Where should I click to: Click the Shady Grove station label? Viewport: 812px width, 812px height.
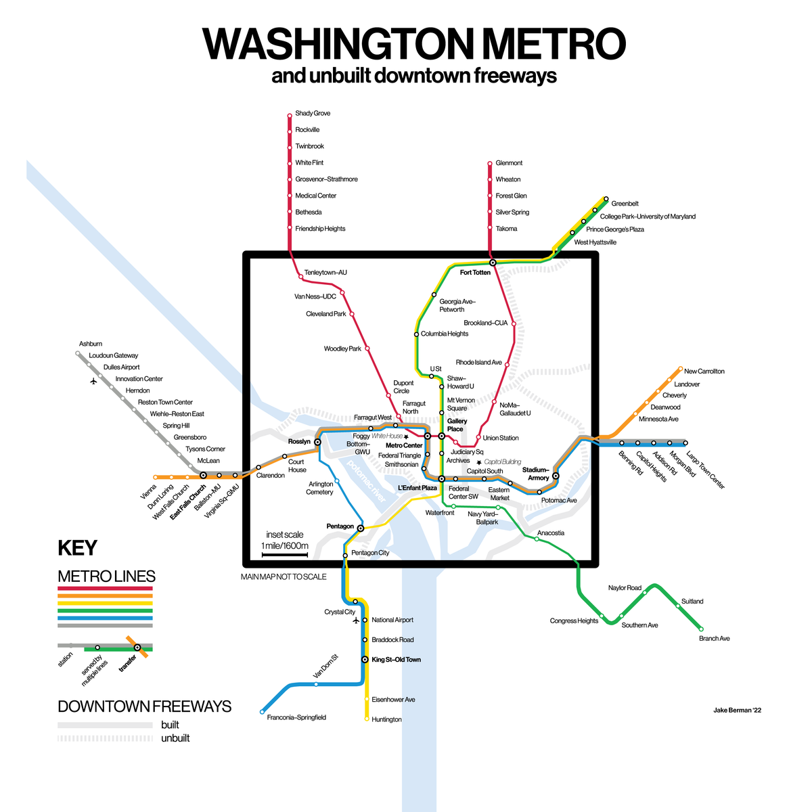coord(313,113)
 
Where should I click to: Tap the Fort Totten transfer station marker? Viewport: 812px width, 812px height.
coord(493,262)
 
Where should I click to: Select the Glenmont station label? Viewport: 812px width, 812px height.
coord(509,163)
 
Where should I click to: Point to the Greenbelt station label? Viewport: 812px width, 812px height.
coord(625,203)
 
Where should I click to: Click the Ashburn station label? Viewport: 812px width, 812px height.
coord(91,344)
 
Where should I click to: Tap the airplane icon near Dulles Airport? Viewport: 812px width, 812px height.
coord(93,381)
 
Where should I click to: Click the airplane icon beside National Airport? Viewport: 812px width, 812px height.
coord(356,620)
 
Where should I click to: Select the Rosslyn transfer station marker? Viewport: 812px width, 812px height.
coord(317,442)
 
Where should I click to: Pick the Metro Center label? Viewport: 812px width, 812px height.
coord(404,445)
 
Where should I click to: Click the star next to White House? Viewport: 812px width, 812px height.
coord(407,436)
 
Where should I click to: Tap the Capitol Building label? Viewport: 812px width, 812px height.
coord(503,461)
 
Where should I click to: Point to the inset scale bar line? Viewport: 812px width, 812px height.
coord(285,556)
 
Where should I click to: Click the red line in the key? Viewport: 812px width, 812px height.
coord(105,588)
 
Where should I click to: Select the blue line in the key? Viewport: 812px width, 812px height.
coord(105,618)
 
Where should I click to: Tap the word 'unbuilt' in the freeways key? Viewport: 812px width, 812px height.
coord(175,738)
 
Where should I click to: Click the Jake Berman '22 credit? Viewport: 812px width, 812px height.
coord(737,710)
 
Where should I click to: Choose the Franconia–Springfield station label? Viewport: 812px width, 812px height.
coord(296,717)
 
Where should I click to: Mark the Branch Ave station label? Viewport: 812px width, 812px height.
coord(714,638)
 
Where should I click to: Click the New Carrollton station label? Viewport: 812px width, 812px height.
coord(704,371)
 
